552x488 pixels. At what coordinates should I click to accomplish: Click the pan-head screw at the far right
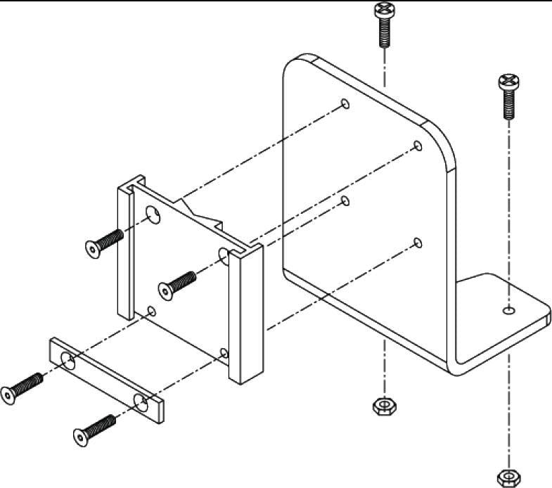(x=508, y=94)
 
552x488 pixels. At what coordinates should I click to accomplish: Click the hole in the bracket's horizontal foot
(x=508, y=309)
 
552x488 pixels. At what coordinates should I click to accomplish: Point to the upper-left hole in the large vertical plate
(x=345, y=104)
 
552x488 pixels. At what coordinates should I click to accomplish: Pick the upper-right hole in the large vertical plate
(x=418, y=146)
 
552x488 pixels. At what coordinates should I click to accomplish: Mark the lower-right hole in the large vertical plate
(x=418, y=243)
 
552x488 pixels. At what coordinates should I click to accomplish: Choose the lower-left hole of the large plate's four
(x=345, y=201)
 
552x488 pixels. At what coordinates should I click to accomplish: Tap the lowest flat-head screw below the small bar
(x=94, y=430)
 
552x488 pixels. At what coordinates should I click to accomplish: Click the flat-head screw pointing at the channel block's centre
(x=178, y=281)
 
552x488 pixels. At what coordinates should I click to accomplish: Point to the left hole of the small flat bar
(x=68, y=361)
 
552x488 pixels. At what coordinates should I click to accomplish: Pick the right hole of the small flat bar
(x=141, y=402)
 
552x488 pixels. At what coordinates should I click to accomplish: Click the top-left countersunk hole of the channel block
(x=152, y=214)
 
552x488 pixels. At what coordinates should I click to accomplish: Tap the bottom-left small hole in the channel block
(x=152, y=309)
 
